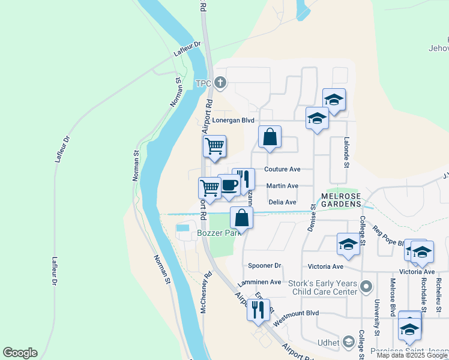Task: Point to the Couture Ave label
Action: point(282,170)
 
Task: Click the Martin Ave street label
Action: point(282,186)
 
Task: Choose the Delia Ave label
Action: point(282,202)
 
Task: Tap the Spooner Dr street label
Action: point(265,265)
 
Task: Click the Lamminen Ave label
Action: point(259,282)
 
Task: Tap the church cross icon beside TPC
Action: point(221,82)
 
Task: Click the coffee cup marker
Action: point(229,185)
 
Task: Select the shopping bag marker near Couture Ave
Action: point(270,136)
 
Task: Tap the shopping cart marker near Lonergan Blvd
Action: point(214,146)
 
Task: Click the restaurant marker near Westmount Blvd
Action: point(258,310)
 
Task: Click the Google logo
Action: point(20,353)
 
